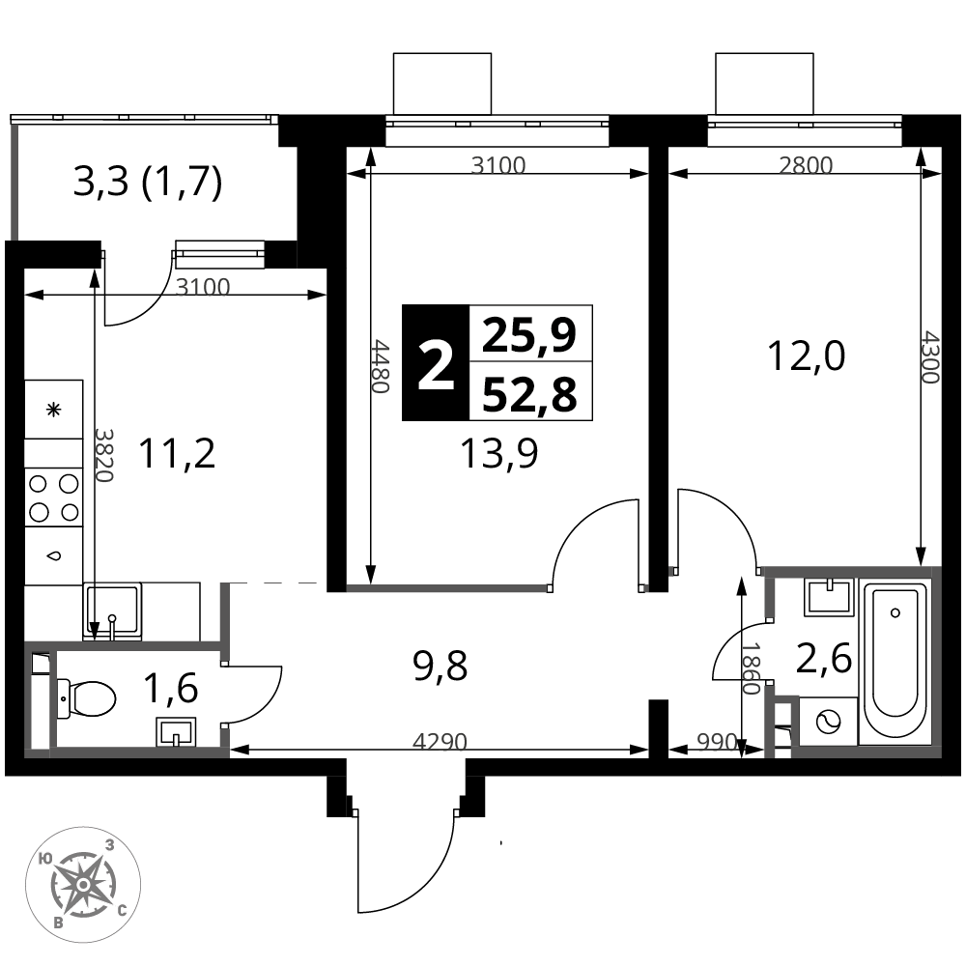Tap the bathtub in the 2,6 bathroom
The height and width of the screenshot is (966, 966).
(895, 661)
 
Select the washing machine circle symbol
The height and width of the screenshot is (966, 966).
(828, 722)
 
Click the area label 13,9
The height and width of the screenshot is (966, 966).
(499, 453)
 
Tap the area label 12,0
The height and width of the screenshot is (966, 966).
(806, 356)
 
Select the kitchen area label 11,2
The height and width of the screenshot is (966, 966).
(177, 453)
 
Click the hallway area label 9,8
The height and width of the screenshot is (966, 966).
(440, 666)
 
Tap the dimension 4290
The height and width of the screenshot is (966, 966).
(440, 742)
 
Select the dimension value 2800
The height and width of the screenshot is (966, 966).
(806, 165)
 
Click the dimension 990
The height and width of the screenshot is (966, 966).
(717, 742)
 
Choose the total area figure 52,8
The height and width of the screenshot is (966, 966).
(529, 394)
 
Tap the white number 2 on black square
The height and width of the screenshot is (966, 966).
(436, 367)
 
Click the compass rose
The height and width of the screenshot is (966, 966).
(82, 884)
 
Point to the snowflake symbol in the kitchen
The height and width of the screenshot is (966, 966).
(54, 409)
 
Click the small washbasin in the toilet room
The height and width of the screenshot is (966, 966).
(176, 732)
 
